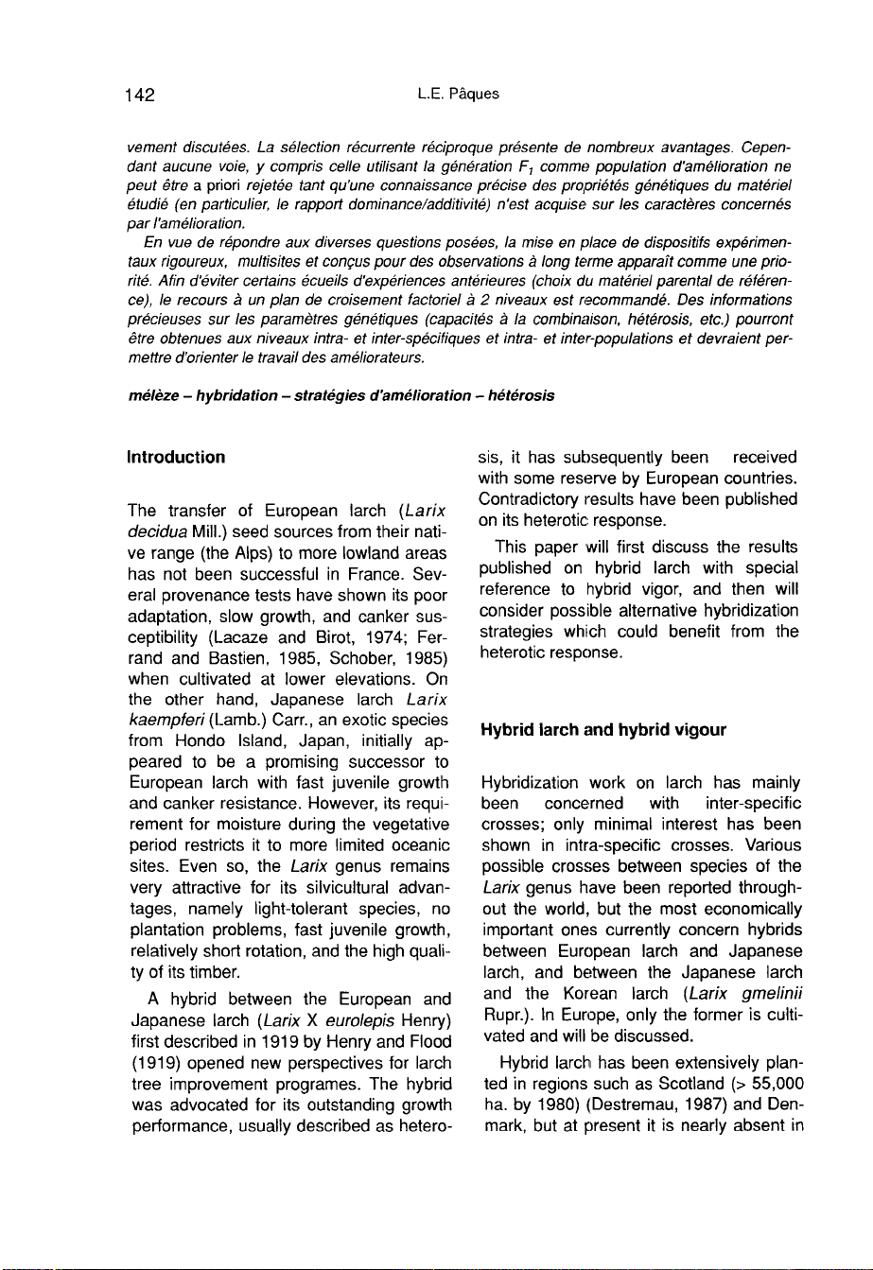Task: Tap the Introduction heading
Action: [x=178, y=458]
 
